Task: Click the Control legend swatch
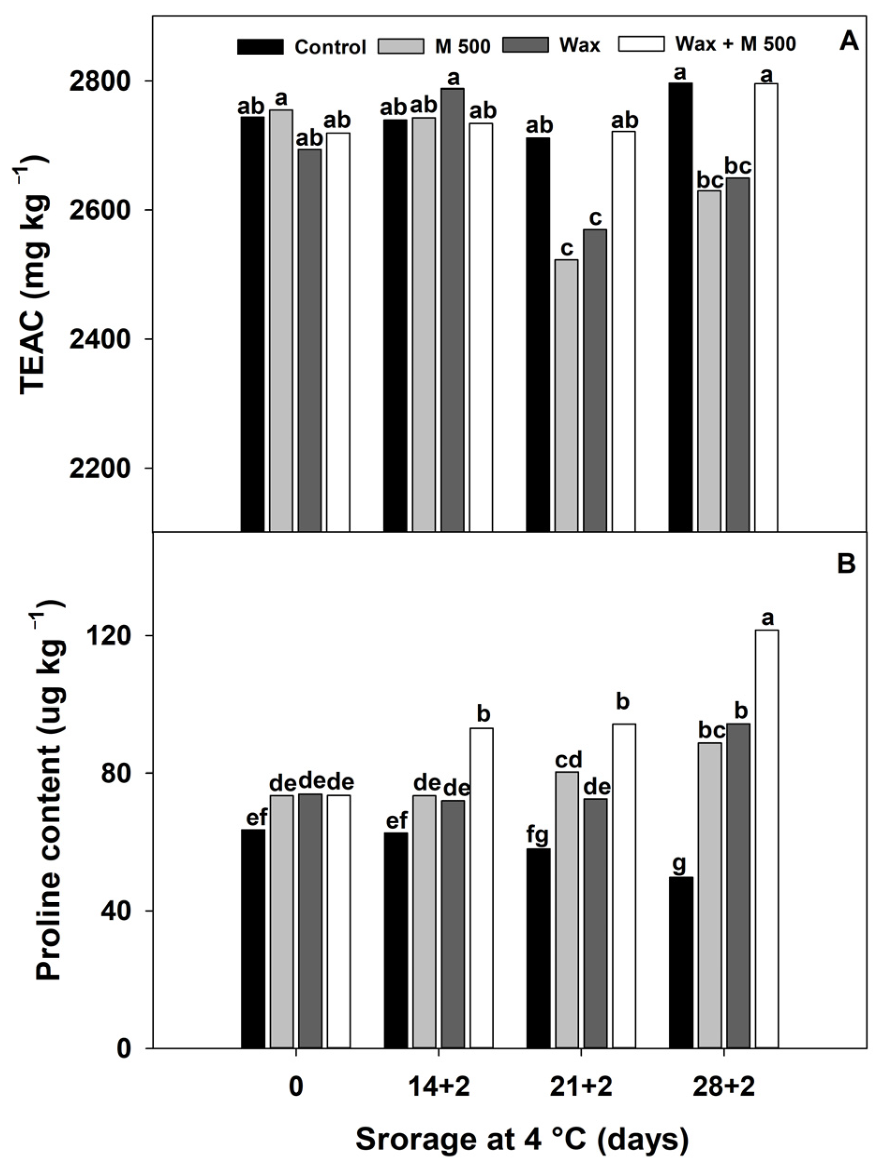[x=260, y=46]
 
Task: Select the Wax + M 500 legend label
[x=735, y=44]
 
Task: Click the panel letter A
[x=849, y=41]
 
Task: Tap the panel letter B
[x=846, y=564]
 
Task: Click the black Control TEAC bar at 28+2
[x=680, y=306]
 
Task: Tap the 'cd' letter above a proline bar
[x=568, y=760]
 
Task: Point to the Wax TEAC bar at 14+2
[x=452, y=309]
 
